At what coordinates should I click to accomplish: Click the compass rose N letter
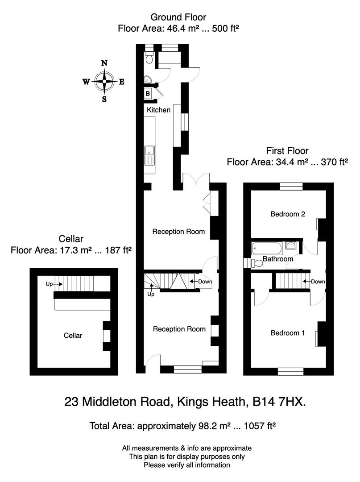click(x=104, y=63)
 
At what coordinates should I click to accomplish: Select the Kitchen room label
click(x=158, y=110)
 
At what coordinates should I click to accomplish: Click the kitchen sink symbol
click(x=149, y=155)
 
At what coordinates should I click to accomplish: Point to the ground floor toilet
click(x=149, y=57)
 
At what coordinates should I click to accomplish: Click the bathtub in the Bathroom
click(x=267, y=247)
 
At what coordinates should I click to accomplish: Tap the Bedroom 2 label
click(x=288, y=214)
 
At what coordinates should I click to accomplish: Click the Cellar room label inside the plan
click(x=73, y=336)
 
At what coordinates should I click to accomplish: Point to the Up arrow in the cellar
click(x=52, y=283)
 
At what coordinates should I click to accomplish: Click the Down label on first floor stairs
click(x=318, y=282)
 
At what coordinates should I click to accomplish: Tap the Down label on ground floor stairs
click(x=205, y=282)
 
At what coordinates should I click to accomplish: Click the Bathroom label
click(x=277, y=259)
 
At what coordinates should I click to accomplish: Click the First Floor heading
click(x=287, y=151)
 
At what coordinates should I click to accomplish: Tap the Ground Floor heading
click(x=178, y=17)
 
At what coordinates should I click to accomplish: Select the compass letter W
click(x=86, y=82)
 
